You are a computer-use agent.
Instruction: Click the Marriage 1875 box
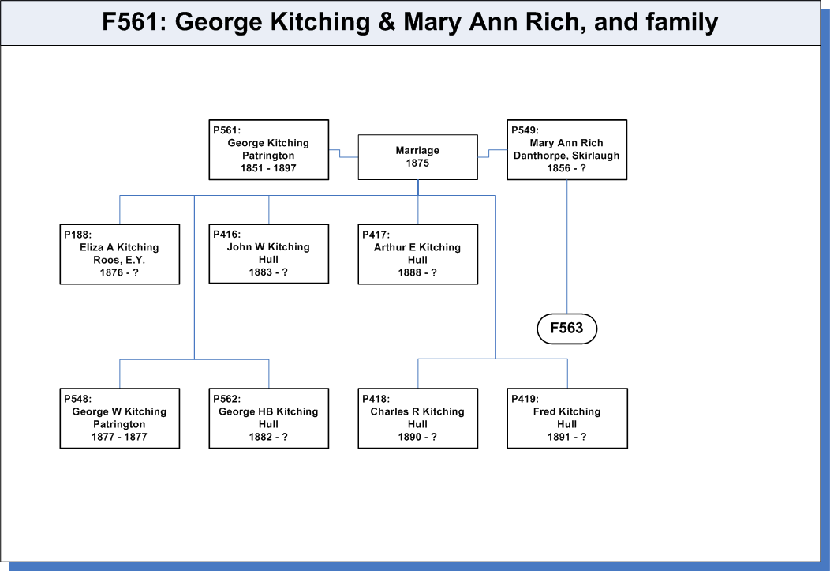tap(417, 157)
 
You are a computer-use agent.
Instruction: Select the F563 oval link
tap(567, 329)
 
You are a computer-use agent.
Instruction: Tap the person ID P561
tap(226, 130)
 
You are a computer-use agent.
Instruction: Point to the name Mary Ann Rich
tap(566, 143)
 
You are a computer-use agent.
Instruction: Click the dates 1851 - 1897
tap(268, 168)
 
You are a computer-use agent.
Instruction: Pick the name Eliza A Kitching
tap(119, 247)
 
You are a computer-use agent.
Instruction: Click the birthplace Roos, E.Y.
tap(119, 260)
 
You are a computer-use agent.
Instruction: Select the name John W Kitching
tap(268, 247)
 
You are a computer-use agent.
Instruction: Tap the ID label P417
tap(376, 235)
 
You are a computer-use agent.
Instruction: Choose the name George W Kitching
tap(119, 411)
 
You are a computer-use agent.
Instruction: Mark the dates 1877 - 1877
tap(119, 437)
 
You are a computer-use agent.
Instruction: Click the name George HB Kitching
tap(268, 411)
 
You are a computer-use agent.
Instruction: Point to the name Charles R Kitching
tap(417, 411)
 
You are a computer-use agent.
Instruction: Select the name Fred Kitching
tap(567, 411)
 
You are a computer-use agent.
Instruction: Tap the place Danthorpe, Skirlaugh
tap(566, 156)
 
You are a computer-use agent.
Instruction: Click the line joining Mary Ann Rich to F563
tap(567, 247)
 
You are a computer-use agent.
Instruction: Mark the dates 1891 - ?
tap(567, 437)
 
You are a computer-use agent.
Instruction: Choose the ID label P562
tap(226, 399)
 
